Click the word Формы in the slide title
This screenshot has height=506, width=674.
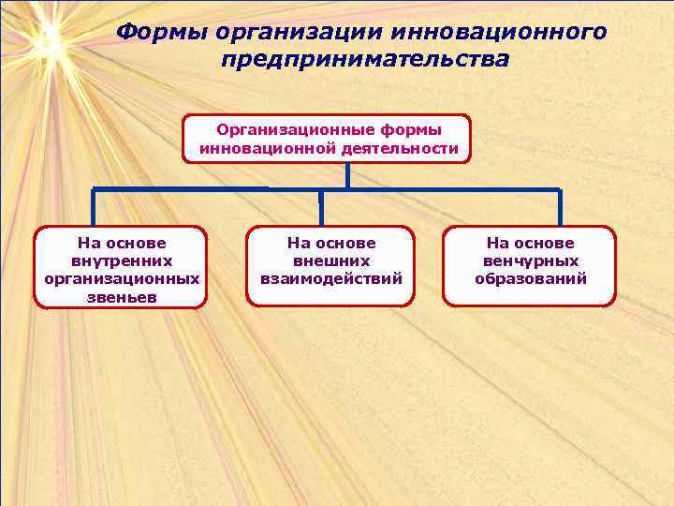(x=161, y=33)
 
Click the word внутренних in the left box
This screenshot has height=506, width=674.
(x=122, y=260)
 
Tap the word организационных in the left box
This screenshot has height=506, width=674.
(x=122, y=278)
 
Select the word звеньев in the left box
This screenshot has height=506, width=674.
(x=122, y=297)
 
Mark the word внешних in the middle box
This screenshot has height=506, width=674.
(x=331, y=260)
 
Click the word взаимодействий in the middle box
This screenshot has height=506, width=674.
(x=331, y=278)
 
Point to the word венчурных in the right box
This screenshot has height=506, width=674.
(x=531, y=260)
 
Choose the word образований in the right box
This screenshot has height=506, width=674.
(x=531, y=278)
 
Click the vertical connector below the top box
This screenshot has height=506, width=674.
(x=346, y=175)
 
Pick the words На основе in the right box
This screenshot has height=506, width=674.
(x=531, y=243)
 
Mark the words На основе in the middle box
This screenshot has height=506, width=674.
(x=331, y=243)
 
